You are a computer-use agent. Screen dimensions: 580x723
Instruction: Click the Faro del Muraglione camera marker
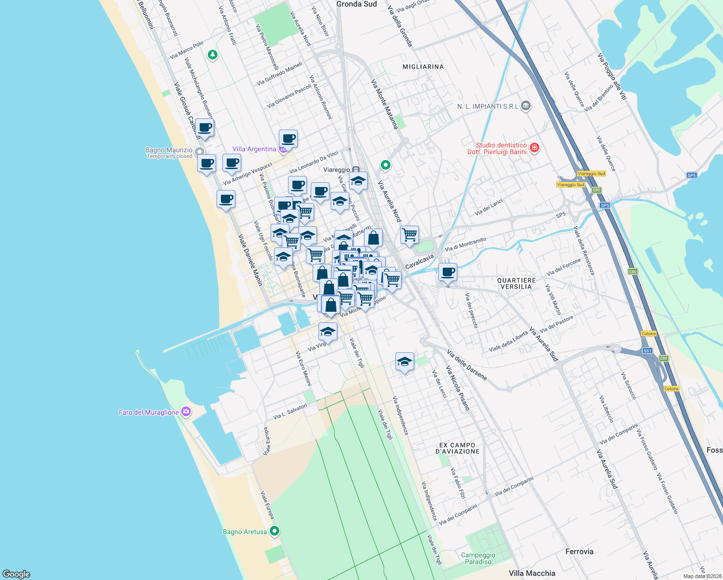(x=186, y=412)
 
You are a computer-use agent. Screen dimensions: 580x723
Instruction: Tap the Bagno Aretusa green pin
(x=275, y=531)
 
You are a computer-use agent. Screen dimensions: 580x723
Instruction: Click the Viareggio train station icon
(x=356, y=170)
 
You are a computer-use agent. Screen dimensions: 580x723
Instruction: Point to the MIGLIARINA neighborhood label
(x=423, y=67)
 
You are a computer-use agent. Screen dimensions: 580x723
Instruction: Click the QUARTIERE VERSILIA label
(x=516, y=284)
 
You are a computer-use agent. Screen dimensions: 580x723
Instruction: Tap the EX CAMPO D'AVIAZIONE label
(x=458, y=448)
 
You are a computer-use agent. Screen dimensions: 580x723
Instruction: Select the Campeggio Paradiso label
(x=478, y=558)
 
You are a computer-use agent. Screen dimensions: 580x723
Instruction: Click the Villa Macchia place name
(x=532, y=573)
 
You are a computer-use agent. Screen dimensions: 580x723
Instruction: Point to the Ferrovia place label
(x=579, y=551)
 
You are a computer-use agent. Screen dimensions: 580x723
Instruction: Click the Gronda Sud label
(x=356, y=4)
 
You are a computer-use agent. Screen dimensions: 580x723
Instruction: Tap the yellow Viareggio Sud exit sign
(x=591, y=174)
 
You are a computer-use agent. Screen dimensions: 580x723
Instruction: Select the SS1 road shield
(x=647, y=351)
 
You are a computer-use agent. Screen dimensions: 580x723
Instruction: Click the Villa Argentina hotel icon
(x=283, y=149)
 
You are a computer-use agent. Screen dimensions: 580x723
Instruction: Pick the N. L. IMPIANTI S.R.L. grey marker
(x=526, y=106)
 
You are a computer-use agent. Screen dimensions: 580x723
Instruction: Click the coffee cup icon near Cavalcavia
(x=448, y=272)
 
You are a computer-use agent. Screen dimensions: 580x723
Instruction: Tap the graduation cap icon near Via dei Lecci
(x=405, y=361)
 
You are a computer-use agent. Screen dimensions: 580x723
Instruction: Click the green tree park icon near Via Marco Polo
(x=212, y=55)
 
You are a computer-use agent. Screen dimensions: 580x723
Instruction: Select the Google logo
(x=16, y=574)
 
